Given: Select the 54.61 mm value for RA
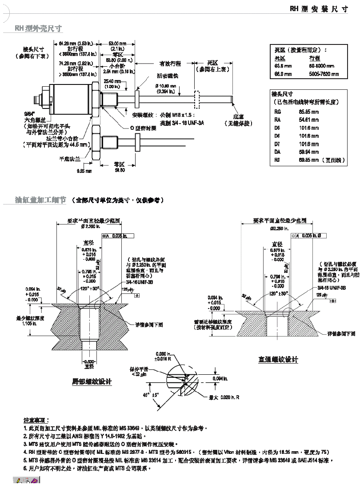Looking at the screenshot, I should point(308,120).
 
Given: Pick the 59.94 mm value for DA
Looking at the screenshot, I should point(308,152).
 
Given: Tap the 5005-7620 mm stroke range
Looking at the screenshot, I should point(324,74).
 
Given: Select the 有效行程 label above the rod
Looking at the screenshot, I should point(170,64).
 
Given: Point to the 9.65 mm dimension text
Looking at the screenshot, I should point(84,170).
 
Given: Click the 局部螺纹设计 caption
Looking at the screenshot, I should point(92,381).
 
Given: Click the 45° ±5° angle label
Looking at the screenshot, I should point(151,394).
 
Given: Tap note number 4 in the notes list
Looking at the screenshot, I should point(25,451).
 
